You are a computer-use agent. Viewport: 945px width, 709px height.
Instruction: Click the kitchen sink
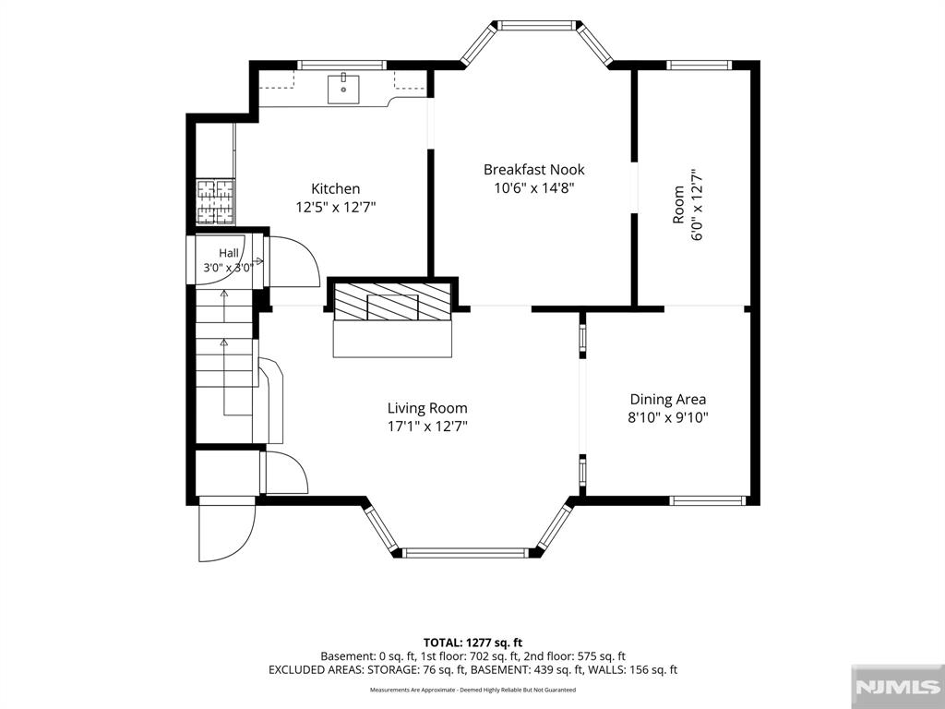343,90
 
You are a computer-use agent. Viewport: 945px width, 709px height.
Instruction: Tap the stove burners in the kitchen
215,202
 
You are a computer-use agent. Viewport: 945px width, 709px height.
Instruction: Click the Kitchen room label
335,188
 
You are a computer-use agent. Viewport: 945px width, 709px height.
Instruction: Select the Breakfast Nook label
534,170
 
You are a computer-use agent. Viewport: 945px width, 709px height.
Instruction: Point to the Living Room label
427,408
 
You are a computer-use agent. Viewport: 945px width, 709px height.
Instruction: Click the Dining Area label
668,399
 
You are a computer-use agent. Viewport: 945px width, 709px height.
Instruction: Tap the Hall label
229,253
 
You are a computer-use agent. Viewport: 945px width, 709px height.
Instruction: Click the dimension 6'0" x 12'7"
698,204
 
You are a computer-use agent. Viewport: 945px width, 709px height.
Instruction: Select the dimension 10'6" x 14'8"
534,188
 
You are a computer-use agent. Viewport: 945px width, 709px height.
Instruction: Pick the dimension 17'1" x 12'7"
427,427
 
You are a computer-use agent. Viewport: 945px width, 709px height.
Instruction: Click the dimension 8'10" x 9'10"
668,417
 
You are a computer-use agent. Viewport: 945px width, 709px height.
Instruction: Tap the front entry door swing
227,531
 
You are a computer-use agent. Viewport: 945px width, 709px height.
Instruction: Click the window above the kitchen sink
341,65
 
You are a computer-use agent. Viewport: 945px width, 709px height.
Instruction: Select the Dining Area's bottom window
708,500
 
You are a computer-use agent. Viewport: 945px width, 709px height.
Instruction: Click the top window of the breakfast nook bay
536,25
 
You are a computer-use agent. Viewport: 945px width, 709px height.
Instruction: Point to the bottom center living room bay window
465,552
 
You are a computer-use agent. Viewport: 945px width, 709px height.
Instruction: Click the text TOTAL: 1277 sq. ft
472,643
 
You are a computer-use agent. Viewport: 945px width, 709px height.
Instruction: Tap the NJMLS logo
897,687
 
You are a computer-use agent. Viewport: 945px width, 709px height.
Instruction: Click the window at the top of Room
700,66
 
